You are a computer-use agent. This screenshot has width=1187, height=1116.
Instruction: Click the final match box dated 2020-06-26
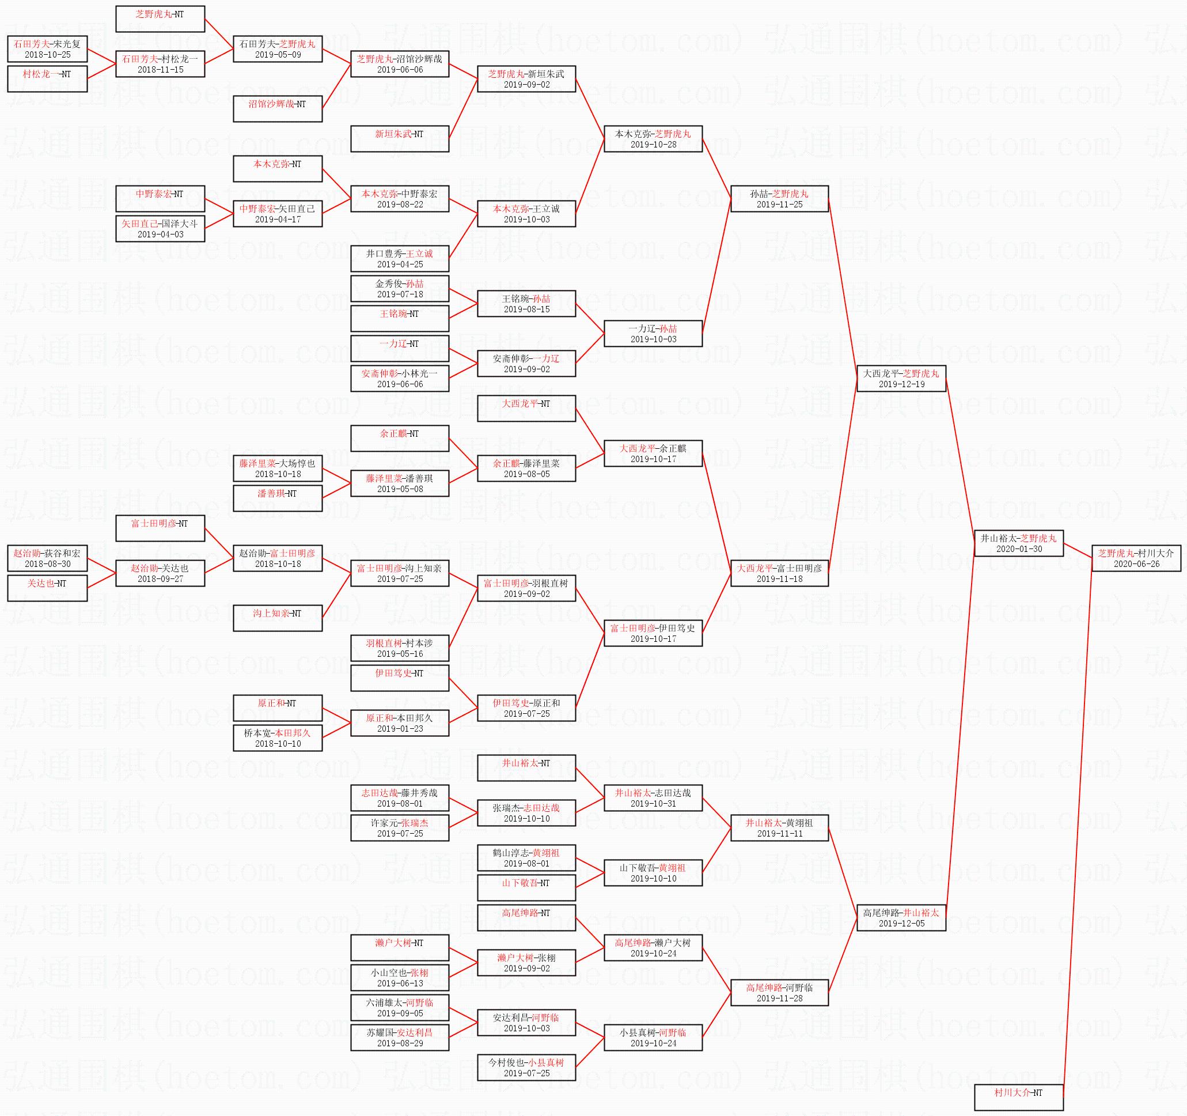point(1136,558)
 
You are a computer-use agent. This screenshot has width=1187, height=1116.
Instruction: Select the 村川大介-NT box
point(1019,1097)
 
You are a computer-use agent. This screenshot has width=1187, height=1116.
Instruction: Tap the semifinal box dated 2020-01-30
point(1019,543)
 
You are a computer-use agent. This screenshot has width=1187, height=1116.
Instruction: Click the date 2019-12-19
point(901,384)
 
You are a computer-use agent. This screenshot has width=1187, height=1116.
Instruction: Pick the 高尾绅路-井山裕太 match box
point(901,918)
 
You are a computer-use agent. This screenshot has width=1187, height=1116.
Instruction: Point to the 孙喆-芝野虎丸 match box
point(779,198)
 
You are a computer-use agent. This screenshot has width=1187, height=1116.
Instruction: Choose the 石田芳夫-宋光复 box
point(47,48)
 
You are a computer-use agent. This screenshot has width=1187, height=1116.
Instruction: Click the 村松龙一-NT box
point(47,78)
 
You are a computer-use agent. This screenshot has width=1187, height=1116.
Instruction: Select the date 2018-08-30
point(47,563)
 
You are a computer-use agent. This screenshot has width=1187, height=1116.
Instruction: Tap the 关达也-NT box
point(47,588)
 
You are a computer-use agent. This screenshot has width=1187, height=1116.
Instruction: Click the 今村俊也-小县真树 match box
point(526,1067)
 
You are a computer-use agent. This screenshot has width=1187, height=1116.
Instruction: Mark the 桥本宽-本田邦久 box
point(278,738)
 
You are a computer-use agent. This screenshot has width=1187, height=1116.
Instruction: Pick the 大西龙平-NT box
point(526,408)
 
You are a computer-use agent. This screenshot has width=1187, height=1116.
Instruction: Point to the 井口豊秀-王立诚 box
point(400,259)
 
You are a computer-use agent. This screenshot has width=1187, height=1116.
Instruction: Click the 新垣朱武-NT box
point(400,139)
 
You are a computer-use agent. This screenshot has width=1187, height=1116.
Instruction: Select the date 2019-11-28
point(779,998)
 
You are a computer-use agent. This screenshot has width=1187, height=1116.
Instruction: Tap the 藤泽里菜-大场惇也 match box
point(278,468)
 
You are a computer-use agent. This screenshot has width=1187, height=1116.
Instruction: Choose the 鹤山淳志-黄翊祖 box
point(526,858)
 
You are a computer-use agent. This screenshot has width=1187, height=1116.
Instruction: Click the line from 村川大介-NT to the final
point(1078,824)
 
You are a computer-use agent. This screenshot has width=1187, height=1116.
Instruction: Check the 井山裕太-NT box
point(526,767)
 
